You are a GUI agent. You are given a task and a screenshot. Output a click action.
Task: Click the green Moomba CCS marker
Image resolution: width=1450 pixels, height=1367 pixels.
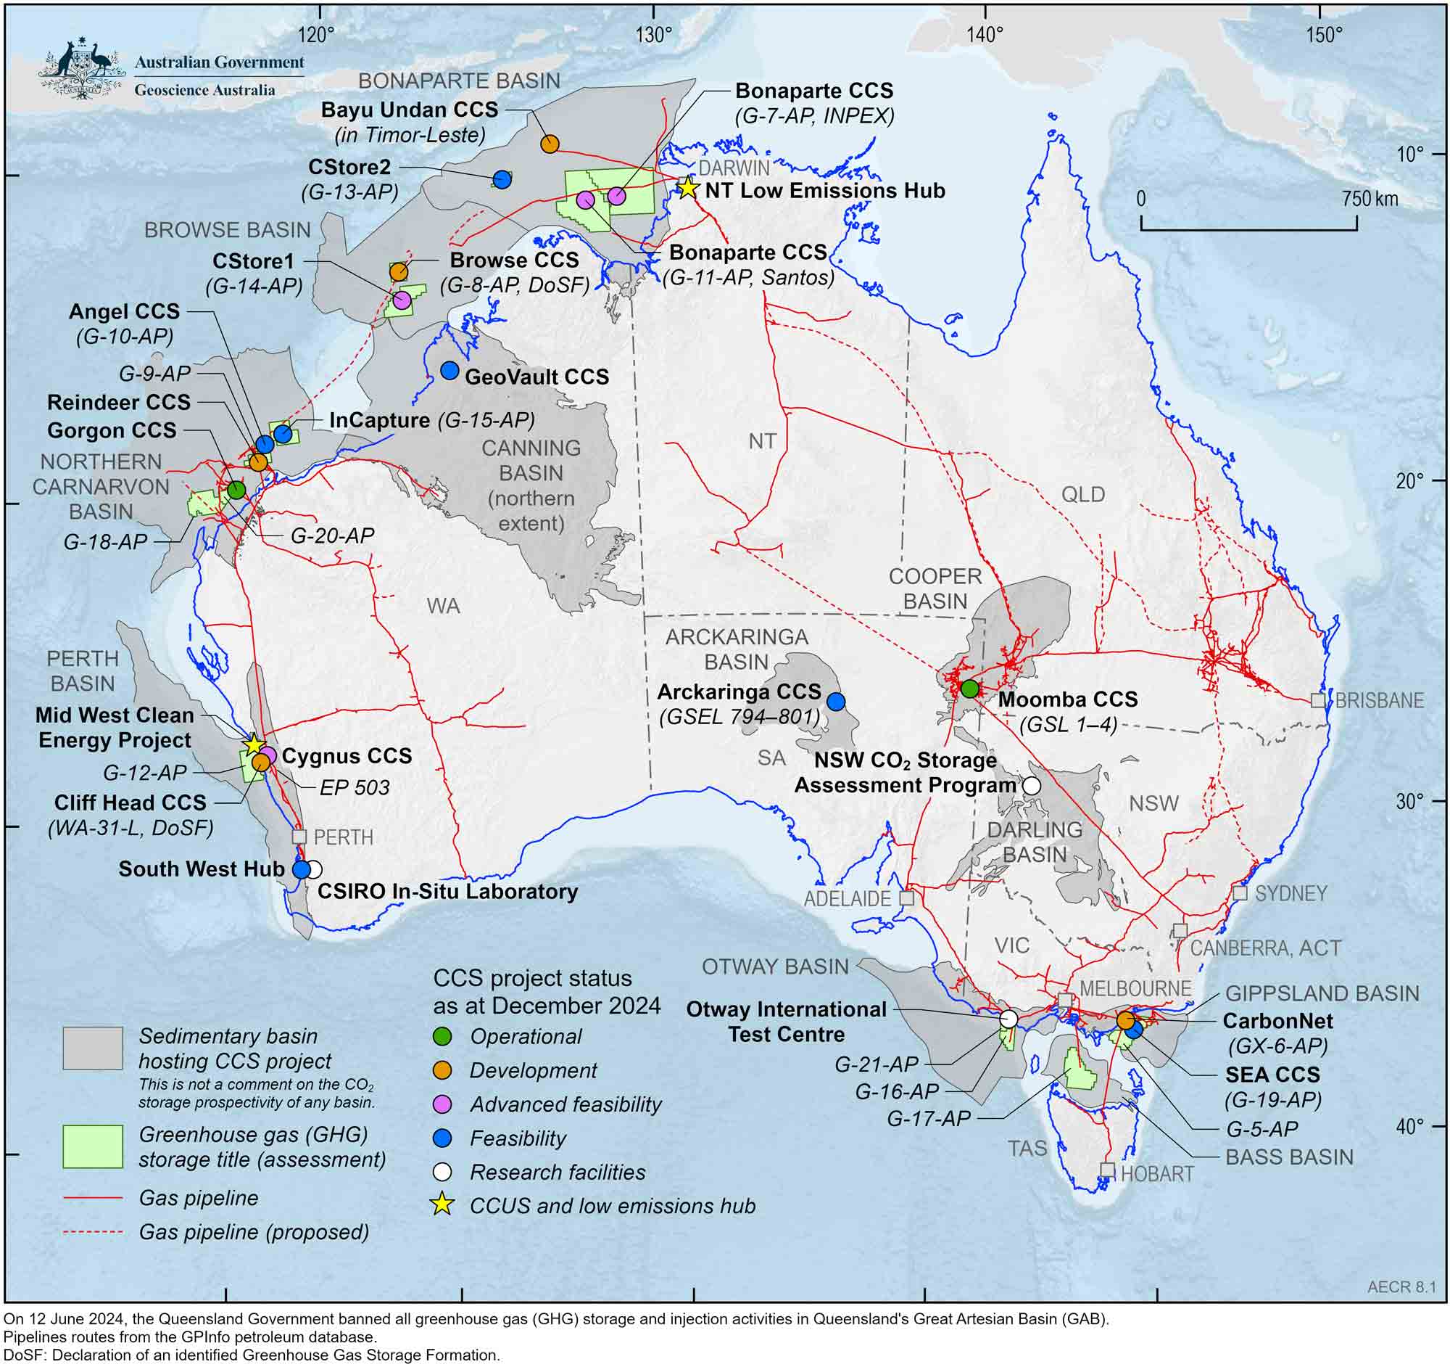[969, 689]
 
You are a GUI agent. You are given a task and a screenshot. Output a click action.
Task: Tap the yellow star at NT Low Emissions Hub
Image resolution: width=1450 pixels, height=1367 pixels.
[687, 188]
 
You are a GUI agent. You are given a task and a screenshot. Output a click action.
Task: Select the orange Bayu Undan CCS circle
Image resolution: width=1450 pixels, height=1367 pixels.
[550, 144]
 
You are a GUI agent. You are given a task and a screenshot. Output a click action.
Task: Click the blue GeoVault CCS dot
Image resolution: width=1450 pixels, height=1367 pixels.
[449, 371]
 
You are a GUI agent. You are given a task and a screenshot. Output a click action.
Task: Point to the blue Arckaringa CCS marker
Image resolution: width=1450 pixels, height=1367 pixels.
[836, 702]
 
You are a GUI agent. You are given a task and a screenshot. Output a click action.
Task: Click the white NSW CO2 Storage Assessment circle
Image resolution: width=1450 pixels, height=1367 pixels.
[1032, 786]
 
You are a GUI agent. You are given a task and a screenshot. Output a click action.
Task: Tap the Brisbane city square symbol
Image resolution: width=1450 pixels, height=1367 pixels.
[1317, 700]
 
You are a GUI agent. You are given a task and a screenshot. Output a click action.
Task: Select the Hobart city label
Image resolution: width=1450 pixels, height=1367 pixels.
[1157, 1173]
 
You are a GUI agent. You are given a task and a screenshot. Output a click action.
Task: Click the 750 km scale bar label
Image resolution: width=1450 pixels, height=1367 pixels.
[1370, 200]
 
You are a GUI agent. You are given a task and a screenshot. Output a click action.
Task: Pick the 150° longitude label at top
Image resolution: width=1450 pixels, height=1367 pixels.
[1324, 34]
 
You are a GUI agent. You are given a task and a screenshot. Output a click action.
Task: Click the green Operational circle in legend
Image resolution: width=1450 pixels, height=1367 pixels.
[442, 1036]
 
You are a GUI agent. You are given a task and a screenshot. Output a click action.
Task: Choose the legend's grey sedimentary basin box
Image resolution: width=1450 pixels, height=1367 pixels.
[93, 1048]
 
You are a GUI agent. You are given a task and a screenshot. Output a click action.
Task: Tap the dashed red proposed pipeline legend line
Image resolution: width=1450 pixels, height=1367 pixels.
[93, 1232]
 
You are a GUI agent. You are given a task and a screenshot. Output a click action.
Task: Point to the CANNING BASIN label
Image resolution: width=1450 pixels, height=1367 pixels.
[531, 461]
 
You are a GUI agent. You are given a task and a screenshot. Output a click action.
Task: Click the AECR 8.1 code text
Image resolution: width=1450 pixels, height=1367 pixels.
[1401, 1286]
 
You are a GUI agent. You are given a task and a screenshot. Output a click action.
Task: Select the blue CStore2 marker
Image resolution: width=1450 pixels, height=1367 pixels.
[502, 179]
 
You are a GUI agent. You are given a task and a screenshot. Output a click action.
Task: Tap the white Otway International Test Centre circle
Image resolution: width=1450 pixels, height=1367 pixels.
[1008, 1018]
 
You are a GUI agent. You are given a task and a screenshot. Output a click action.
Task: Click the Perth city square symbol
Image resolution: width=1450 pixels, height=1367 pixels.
[299, 837]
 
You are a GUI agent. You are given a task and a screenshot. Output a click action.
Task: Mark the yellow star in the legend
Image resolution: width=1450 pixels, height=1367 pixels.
[442, 1205]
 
